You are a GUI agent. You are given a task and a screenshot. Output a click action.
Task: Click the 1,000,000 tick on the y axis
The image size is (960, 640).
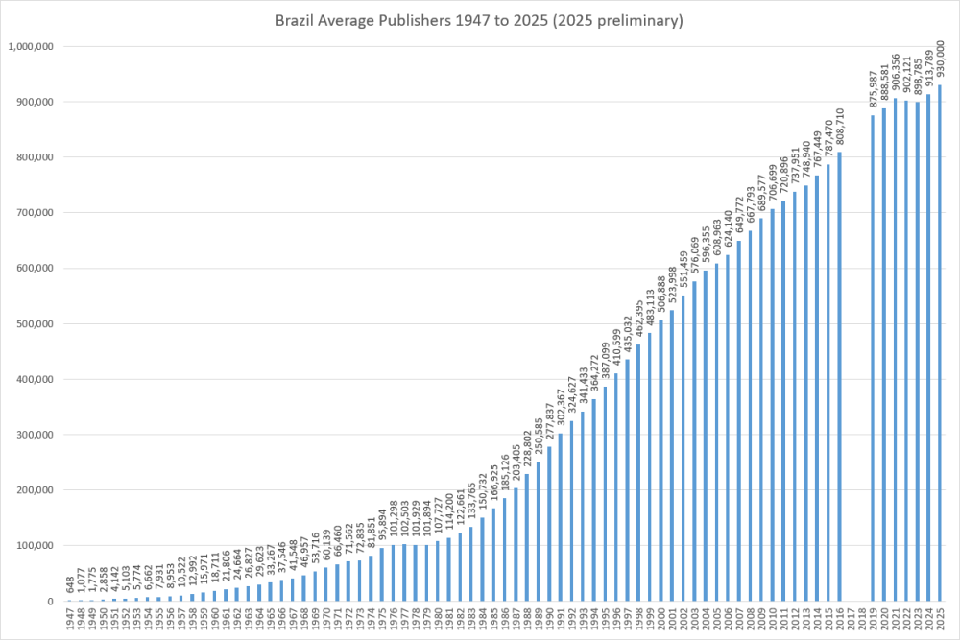32,47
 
